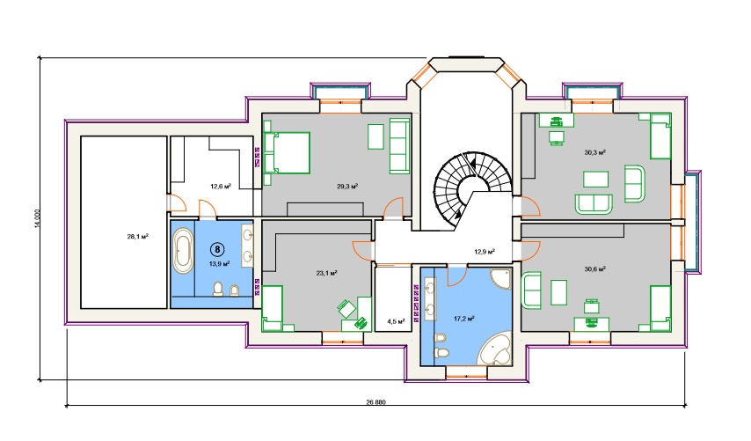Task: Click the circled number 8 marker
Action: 217,249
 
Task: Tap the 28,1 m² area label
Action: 137,236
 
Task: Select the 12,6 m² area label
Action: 221,186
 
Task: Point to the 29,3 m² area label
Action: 347,186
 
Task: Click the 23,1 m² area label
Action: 326,273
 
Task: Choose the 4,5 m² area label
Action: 396,321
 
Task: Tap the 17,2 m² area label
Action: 463,318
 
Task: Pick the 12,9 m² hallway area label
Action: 485,251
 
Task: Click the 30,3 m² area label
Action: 594,153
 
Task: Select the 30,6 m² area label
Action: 594,269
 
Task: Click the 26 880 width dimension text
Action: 376,402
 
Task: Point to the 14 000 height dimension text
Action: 37,218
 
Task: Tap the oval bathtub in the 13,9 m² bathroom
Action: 183,251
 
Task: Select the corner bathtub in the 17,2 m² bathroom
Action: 495,349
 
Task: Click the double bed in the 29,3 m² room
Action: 287,152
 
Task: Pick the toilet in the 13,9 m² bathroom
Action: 218,289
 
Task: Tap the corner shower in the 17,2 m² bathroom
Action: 501,279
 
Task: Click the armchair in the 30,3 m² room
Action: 635,184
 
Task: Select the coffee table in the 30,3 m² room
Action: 596,180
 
